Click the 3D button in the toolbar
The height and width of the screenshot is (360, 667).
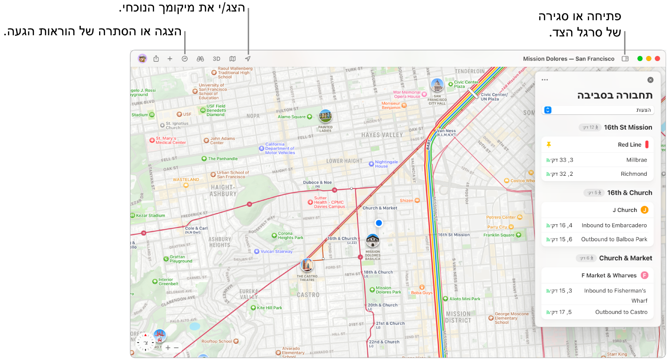[x=217, y=59]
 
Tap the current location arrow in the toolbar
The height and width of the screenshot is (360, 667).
[x=248, y=59]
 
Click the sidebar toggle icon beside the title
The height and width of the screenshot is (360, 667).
[x=625, y=59]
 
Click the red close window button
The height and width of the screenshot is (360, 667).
[x=657, y=59]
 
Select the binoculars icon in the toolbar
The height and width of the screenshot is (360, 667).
[x=200, y=59]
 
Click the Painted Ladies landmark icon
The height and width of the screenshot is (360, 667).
[x=325, y=116]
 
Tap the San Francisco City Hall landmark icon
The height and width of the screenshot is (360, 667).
[x=437, y=85]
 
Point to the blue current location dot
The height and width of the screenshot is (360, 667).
[x=379, y=223]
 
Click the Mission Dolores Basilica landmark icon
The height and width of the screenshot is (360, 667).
[x=373, y=241]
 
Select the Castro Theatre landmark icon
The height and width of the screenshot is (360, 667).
[x=307, y=265]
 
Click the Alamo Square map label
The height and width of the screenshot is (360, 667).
[x=292, y=117]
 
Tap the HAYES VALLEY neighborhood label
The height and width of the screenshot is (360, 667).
[x=382, y=135]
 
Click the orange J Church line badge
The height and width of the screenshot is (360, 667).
[x=644, y=210]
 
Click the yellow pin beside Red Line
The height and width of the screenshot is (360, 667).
[x=548, y=145]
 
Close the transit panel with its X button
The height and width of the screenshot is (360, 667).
[x=650, y=80]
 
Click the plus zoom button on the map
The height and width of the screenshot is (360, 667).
[x=168, y=348]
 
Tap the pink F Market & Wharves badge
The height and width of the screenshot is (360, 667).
[x=644, y=275]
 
